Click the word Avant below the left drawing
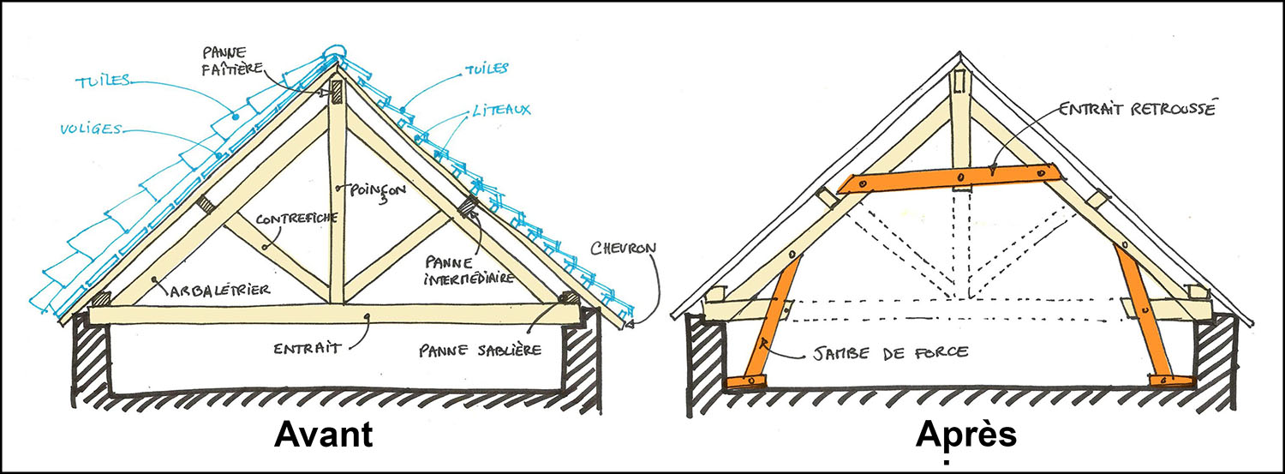[x=323, y=435]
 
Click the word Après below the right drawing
[x=965, y=435]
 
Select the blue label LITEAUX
[x=500, y=110]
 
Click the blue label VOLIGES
[x=90, y=130]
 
